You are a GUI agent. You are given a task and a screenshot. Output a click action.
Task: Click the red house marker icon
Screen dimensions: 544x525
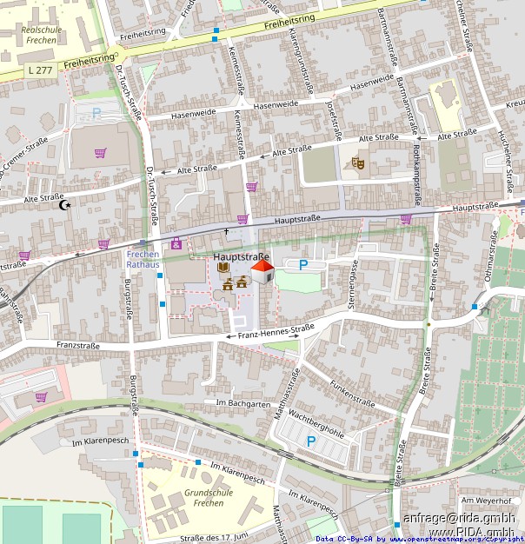[262, 272]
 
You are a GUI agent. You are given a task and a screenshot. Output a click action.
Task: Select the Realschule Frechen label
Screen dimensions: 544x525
[37, 36]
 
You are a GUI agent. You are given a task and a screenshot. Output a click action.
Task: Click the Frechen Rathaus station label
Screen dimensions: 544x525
[143, 258]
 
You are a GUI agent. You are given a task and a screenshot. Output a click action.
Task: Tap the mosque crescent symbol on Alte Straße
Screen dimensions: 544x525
[63, 205]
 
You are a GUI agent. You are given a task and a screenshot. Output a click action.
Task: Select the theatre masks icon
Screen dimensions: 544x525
[357, 163]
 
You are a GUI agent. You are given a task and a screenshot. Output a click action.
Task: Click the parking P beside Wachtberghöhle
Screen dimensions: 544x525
[310, 441]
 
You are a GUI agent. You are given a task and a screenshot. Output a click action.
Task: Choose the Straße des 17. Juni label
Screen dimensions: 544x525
[215, 537]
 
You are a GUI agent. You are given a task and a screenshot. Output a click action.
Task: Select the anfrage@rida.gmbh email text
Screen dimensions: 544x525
[458, 519]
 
